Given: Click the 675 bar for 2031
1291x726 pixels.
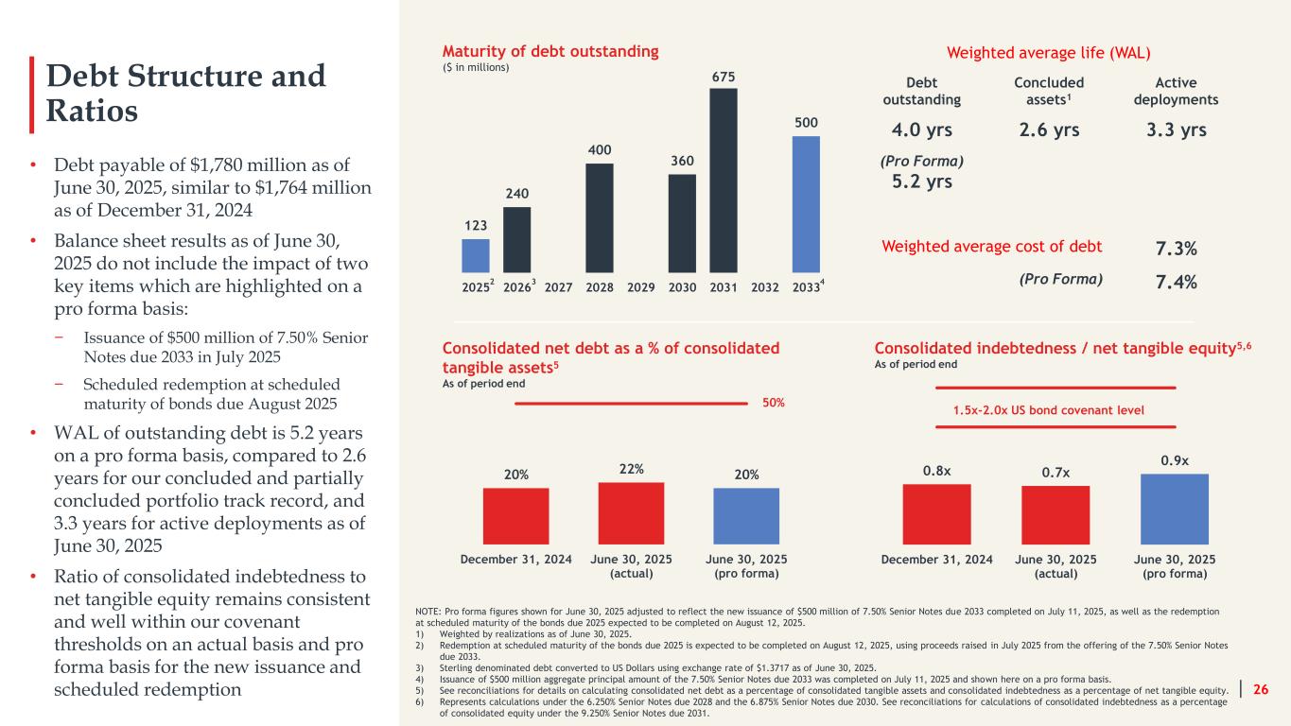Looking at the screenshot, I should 724,180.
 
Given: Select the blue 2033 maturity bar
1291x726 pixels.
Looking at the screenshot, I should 806,203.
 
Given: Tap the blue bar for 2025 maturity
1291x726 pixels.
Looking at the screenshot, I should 476,255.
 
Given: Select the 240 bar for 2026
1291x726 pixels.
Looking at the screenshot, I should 516,239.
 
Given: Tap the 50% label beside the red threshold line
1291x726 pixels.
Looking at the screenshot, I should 774,403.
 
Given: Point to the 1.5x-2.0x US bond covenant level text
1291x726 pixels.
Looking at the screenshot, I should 1055,410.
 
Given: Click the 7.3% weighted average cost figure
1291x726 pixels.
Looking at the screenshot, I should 1176,249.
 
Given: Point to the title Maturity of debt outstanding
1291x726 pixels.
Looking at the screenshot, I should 550,51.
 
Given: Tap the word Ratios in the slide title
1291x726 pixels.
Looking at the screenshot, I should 93,112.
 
